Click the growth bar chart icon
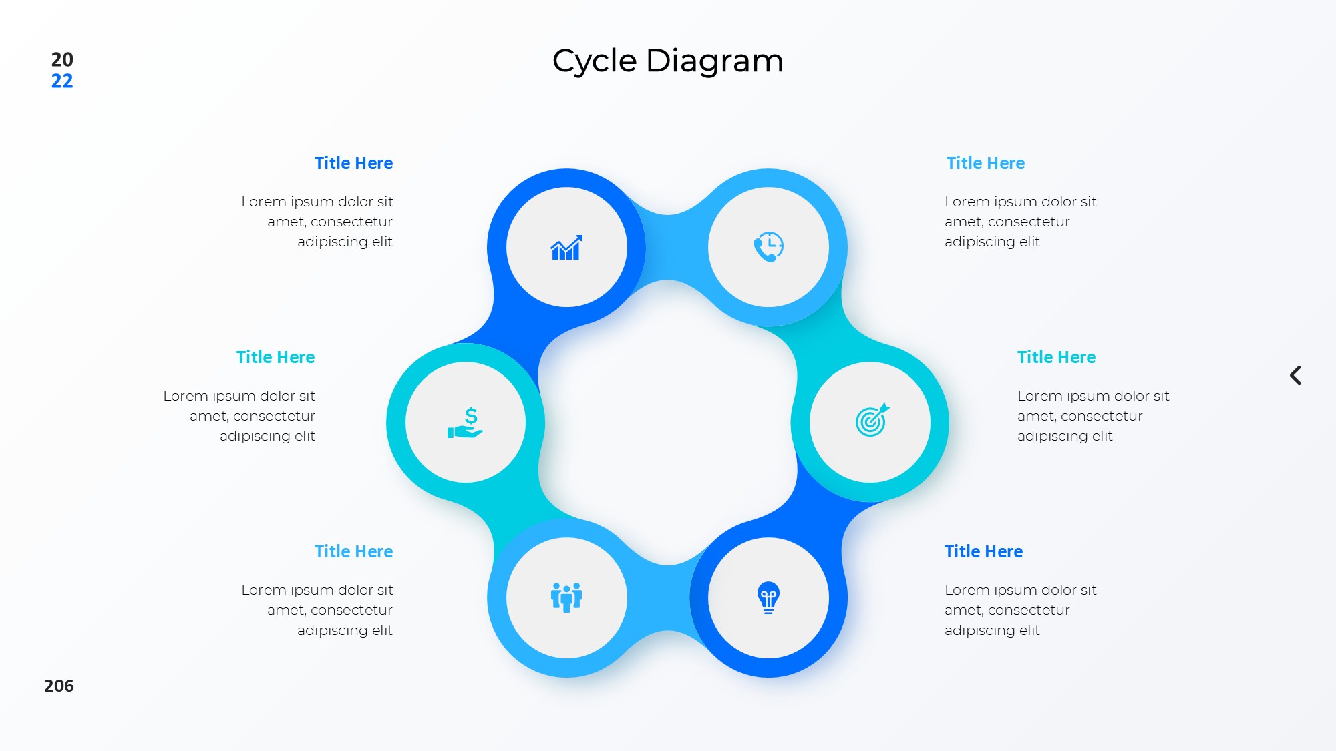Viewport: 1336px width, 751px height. (566, 247)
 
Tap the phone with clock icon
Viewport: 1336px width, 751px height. (768, 247)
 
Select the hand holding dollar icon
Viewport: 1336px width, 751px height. (465, 423)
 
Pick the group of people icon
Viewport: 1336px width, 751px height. (566, 597)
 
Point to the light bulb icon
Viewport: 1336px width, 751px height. (768, 597)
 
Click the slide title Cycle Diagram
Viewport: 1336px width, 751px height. (668, 61)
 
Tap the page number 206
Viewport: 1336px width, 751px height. (59, 686)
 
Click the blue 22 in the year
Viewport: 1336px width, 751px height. (62, 81)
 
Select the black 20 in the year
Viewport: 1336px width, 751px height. (62, 59)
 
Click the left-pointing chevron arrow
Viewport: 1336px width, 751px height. (1295, 375)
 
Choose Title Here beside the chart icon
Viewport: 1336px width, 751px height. (353, 163)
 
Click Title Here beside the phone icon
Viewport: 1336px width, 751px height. (985, 163)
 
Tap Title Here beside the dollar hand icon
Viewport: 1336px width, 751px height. (275, 357)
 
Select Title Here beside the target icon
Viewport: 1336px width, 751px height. (1056, 357)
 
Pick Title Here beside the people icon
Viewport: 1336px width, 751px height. (353, 551)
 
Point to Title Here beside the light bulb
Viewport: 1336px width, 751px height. (983, 551)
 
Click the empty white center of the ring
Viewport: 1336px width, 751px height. (668, 423)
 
